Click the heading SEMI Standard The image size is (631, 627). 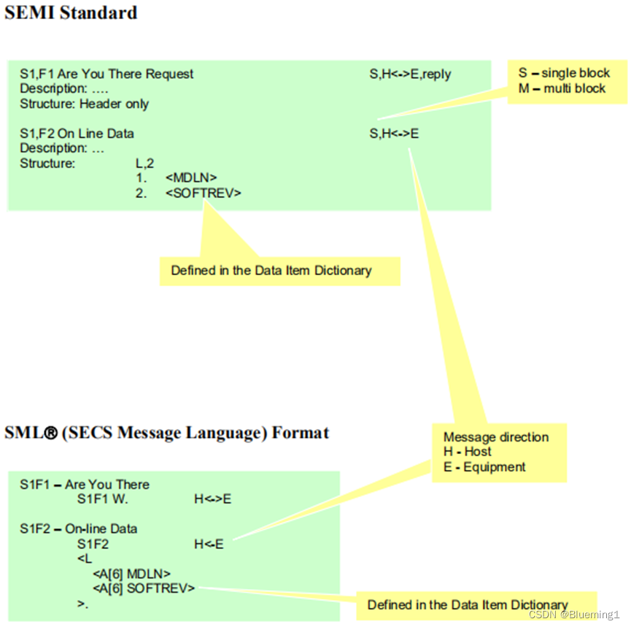[x=71, y=12]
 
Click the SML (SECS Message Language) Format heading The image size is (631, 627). [x=166, y=433]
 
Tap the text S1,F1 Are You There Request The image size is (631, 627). [x=107, y=74]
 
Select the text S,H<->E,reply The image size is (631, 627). [x=410, y=74]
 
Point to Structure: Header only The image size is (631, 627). [x=84, y=104]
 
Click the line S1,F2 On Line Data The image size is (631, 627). [x=77, y=134]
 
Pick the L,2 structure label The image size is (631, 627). [x=145, y=164]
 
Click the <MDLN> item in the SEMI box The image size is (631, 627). [x=191, y=178]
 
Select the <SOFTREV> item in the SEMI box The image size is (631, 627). [x=203, y=193]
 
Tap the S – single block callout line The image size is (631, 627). [x=564, y=73]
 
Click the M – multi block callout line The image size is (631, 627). [x=562, y=88]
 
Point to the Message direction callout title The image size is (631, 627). [x=496, y=437]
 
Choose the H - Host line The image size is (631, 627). [x=468, y=452]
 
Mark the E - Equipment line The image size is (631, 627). [x=484, y=467]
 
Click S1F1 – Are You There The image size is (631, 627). [x=85, y=485]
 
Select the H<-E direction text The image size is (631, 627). [x=209, y=544]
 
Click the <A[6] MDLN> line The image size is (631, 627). [x=132, y=574]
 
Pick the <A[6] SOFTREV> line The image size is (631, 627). [x=144, y=588]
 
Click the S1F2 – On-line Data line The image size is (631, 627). [x=79, y=528]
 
